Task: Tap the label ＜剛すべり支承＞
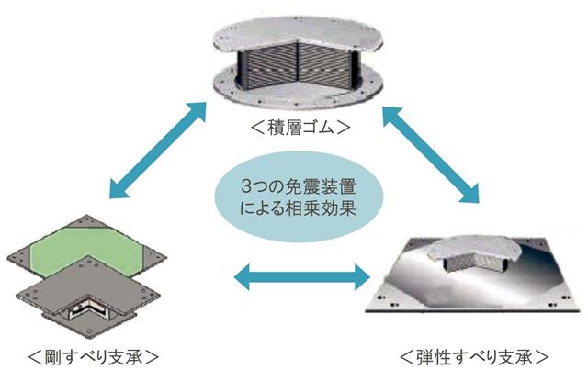[91, 353]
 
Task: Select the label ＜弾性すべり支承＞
[475, 353]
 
